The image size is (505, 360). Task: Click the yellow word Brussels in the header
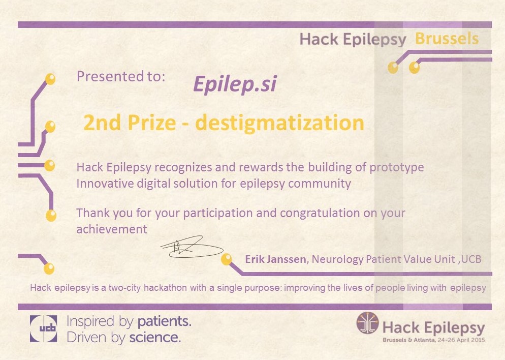447,39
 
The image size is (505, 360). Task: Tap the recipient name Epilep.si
235,84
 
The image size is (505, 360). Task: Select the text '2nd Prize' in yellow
130,123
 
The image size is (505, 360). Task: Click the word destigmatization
279,123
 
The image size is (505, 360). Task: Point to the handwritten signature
192,248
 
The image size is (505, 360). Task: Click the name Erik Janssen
275,259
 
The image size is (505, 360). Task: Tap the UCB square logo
44,328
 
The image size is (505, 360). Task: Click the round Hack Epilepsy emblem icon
368,322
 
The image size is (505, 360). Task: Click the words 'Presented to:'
121,76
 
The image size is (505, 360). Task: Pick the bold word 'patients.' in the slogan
165,321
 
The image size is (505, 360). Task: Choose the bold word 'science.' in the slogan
155,338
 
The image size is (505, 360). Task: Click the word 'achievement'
112,229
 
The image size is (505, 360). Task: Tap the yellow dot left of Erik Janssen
227,259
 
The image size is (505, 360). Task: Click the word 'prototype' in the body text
396,168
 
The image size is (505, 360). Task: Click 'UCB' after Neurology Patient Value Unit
471,259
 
